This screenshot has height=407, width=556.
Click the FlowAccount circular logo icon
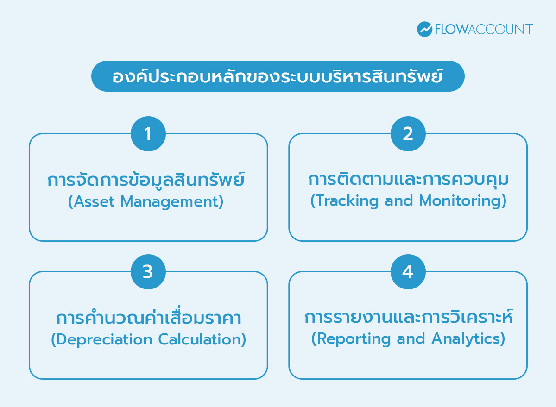[x=425, y=29]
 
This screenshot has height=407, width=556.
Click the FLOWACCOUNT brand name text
[x=484, y=29]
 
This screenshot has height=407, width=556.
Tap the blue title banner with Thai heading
[x=278, y=76]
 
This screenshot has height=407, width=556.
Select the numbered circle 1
[x=148, y=134]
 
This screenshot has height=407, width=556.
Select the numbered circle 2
[x=408, y=134]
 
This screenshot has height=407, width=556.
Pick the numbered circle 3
[x=148, y=272]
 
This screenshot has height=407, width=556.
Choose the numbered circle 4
[x=408, y=272]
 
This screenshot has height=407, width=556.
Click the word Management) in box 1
[x=172, y=201]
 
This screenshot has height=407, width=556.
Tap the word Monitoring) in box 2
[x=463, y=200]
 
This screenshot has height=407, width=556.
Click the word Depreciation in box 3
[x=101, y=339]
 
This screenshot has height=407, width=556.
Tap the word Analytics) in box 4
[x=468, y=338]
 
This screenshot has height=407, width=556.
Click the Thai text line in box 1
[x=146, y=179]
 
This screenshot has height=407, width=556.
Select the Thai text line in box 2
[x=408, y=179]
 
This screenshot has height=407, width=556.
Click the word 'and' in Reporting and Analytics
[x=411, y=338]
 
